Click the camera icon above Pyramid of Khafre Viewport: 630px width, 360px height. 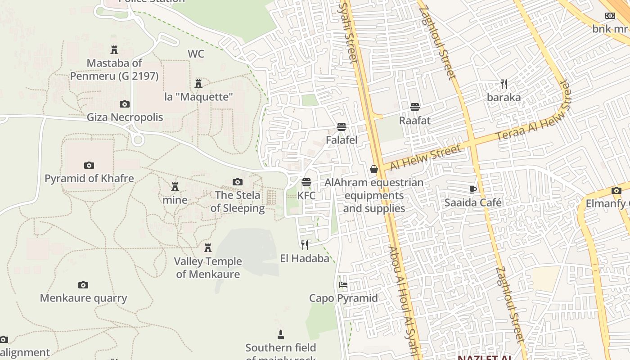coord(89,166)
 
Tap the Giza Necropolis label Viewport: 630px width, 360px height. coord(125,117)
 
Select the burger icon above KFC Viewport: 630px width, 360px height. coord(306,182)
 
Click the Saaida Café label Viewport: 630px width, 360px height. coord(473,202)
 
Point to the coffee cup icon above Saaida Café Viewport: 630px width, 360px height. coord(473,189)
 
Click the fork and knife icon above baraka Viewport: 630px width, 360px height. coord(504,84)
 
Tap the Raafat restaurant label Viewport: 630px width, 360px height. coord(415,121)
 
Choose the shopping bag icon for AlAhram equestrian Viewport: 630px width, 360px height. coord(374,169)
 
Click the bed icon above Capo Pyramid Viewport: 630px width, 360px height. coord(343,285)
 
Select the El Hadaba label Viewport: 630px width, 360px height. coord(305,258)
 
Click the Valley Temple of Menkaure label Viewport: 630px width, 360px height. coord(208,268)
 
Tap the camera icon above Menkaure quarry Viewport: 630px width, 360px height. coord(83,285)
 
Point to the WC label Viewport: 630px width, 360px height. coord(196,54)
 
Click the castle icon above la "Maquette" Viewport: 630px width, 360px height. coord(198,84)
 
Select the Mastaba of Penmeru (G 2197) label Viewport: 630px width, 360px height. coord(114,70)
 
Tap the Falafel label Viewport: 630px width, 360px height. coord(342,140)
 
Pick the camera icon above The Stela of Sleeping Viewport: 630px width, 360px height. coord(238,182)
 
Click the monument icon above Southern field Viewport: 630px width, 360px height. coord(281,334)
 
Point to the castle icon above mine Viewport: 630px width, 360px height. coord(175,187)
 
